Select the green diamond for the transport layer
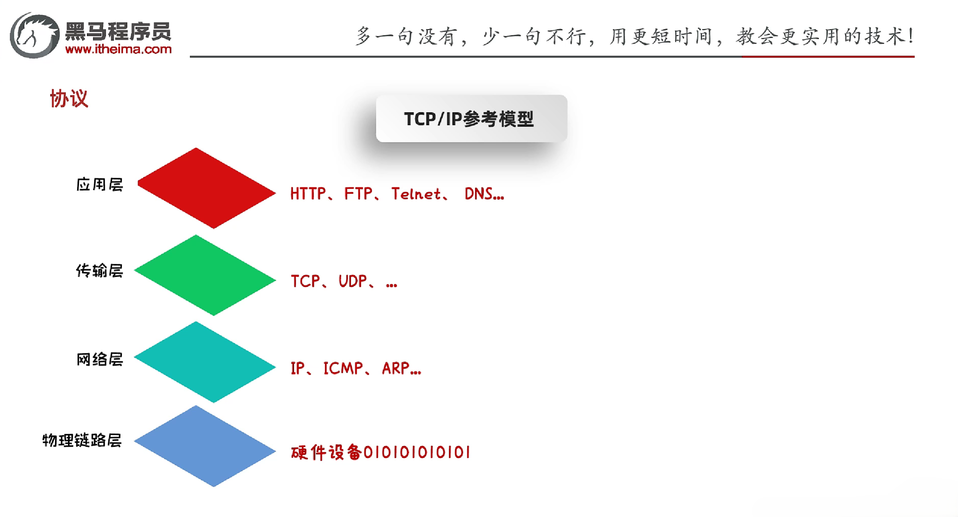205,276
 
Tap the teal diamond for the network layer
205,362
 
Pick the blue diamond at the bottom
205,446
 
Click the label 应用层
100,185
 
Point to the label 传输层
100,271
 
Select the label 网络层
100,359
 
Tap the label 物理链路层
82,440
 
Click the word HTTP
308,194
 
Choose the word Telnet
416,194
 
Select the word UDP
352,281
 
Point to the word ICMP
343,368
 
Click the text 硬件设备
326,452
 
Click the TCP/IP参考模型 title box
471,119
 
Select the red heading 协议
69,99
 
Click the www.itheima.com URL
118,49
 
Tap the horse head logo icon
34,35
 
